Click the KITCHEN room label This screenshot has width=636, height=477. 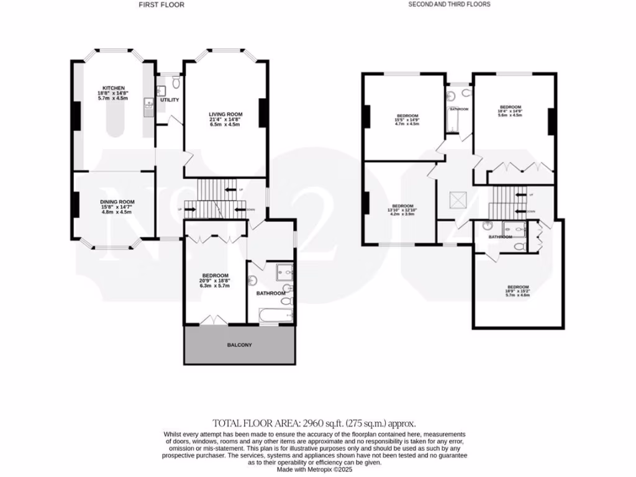pyautogui.click(x=114, y=88)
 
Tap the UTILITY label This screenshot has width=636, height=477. pyautogui.click(x=169, y=99)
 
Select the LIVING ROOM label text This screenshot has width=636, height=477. pyautogui.click(x=225, y=114)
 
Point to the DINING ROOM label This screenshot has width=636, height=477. pyautogui.click(x=118, y=202)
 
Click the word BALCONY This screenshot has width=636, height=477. pyautogui.click(x=239, y=345)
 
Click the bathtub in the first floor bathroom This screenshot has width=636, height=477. pyautogui.click(x=271, y=316)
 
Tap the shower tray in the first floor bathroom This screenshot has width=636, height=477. pyautogui.click(x=284, y=271)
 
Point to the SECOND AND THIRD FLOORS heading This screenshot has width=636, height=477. pyautogui.click(x=449, y=4)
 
